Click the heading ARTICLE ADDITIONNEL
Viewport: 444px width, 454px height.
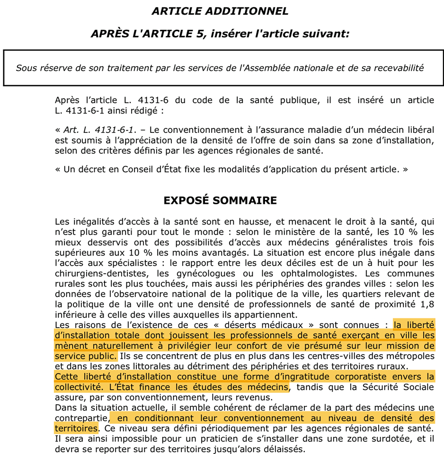point(220,11)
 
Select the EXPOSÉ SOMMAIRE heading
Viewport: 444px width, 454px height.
point(220,200)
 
